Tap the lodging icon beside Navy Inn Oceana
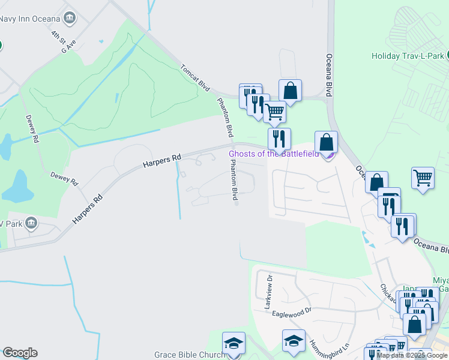point(70,17)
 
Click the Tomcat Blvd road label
point(195,78)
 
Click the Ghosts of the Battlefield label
point(274,154)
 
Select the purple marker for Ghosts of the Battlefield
point(328,155)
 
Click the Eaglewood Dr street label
point(292,311)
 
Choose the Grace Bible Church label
point(188,355)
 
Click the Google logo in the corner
point(20,353)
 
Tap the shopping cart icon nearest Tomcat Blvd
point(274,111)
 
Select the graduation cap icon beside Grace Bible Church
point(234,343)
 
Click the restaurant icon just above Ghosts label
point(279,139)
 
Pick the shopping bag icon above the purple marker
point(326,143)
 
